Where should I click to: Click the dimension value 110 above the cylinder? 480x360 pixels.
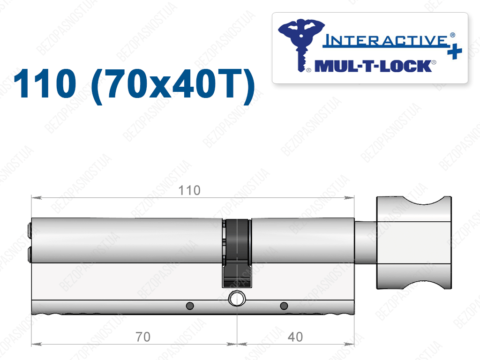(x=189, y=190)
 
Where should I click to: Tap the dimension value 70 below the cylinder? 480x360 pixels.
(x=143, y=337)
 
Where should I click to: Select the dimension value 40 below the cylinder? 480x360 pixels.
(x=295, y=337)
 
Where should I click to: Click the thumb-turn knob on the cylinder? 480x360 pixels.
(x=414, y=242)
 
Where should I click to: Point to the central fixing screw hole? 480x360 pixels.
(x=237, y=299)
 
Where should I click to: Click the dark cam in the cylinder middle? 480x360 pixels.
(x=237, y=253)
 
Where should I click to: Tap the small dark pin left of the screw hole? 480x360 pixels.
(x=190, y=306)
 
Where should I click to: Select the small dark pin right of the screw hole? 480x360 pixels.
(x=284, y=306)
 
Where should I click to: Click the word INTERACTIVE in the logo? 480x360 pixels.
(x=386, y=41)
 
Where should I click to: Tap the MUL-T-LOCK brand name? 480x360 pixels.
(x=373, y=66)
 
